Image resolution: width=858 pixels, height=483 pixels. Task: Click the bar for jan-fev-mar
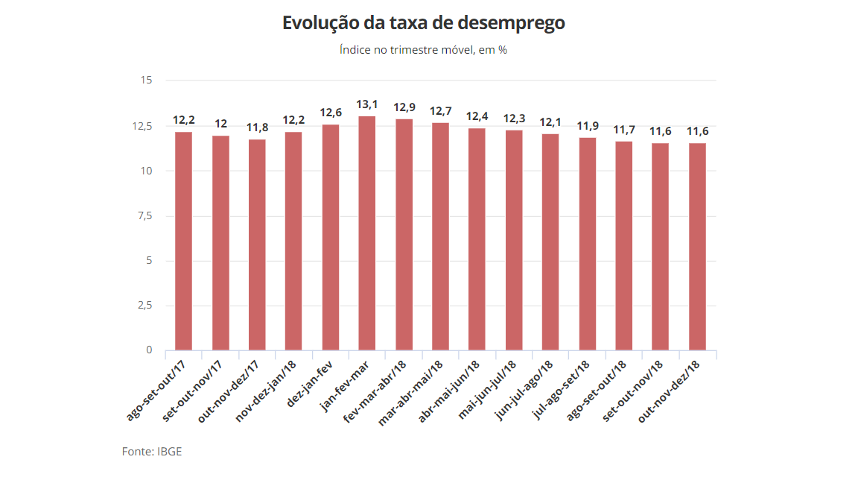[366, 233]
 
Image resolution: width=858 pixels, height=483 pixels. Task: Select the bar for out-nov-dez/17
[257, 244]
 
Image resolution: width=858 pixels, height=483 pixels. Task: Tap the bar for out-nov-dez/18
[697, 246]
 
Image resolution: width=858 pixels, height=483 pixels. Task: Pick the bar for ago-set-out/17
[183, 241]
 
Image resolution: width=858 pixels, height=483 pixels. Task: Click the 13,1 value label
[367, 104]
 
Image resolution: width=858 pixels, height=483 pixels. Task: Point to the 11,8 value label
[257, 127]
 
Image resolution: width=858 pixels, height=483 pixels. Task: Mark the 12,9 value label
[404, 107]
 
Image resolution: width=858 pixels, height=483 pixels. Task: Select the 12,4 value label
[477, 116]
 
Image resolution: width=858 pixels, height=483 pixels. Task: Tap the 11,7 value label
[624, 130]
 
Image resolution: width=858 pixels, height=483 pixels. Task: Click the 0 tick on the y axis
[149, 350]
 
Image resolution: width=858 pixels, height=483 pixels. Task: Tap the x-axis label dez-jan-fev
[310, 382]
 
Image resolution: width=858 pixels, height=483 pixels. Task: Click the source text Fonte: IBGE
[152, 452]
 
